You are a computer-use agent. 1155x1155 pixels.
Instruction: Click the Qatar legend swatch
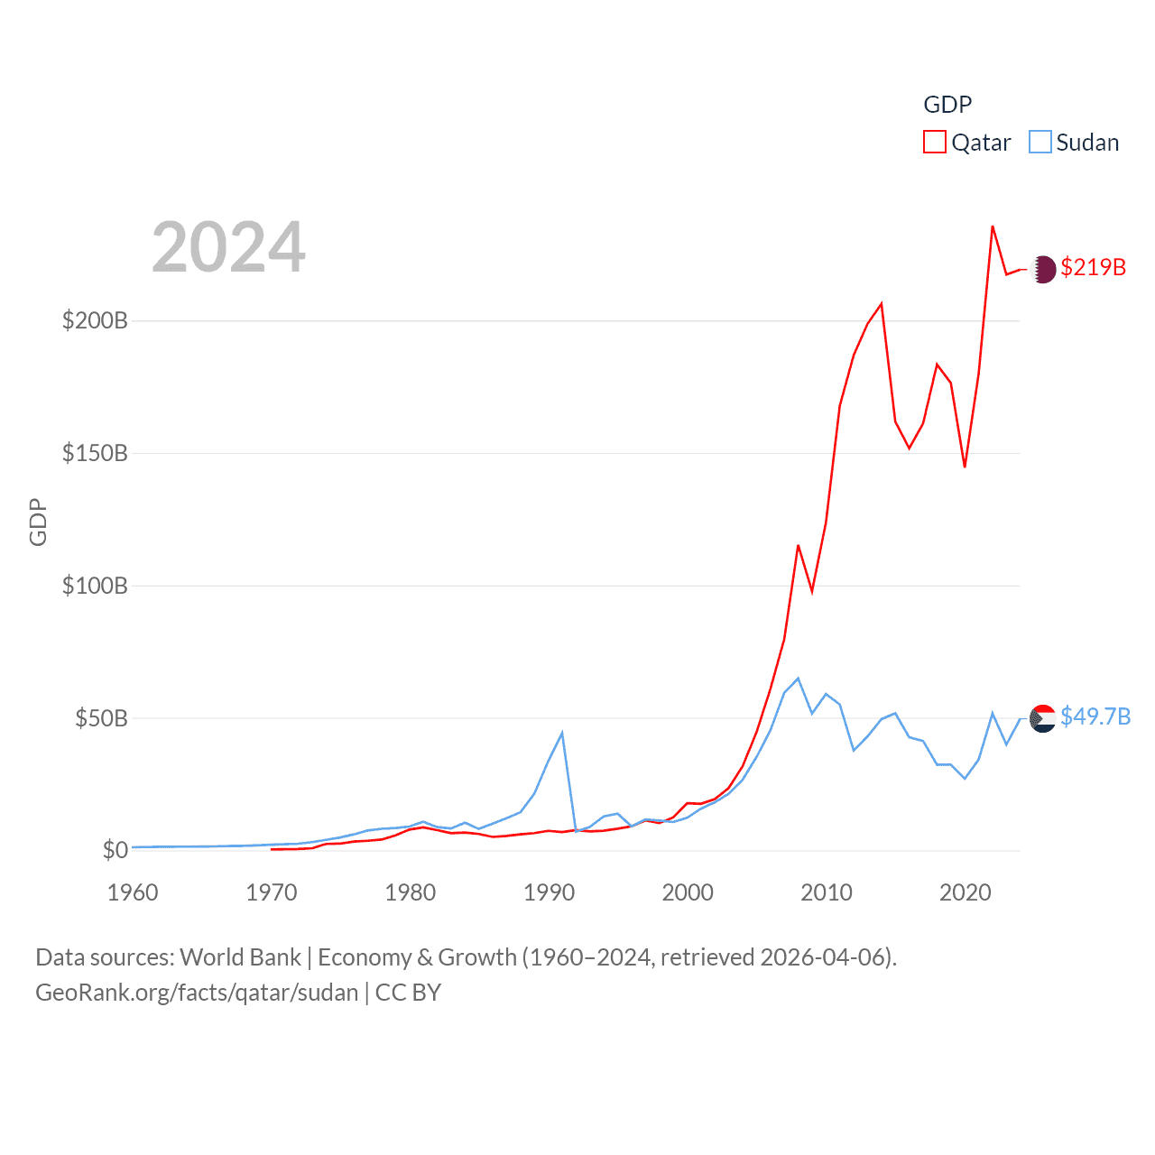coord(935,143)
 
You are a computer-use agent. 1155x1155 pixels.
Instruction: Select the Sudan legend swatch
coord(1040,143)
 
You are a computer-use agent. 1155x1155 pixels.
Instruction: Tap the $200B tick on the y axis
coord(95,320)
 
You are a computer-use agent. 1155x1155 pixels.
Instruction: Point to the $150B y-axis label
coord(95,453)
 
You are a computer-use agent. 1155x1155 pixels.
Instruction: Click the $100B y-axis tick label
coord(95,586)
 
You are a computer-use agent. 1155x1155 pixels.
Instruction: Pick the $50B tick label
coord(101,718)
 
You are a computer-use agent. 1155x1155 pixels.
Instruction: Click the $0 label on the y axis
coord(115,850)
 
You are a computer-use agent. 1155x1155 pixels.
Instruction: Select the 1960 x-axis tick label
coord(133,892)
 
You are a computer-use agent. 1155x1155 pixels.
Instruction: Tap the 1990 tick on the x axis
coord(549,892)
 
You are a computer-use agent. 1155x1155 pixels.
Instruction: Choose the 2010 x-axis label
coord(827,892)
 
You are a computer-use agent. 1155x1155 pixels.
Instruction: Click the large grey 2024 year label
coord(228,247)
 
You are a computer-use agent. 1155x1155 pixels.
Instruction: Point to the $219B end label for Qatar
coord(1093,267)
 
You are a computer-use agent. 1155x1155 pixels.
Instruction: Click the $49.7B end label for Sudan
coord(1095,716)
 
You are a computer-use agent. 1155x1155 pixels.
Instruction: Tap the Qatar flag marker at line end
coord(1043,269)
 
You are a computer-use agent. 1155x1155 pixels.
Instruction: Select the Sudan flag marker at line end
coord(1043,718)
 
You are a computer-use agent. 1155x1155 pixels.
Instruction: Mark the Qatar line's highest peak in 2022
coord(993,226)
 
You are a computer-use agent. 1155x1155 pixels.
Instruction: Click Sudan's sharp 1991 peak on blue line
coord(562,733)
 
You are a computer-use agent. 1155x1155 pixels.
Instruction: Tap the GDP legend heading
coord(947,105)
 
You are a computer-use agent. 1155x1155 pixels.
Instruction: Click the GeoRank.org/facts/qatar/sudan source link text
coord(197,993)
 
